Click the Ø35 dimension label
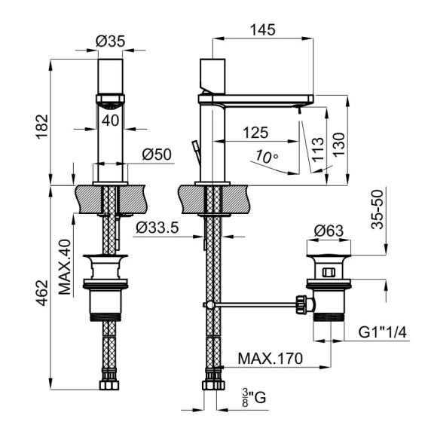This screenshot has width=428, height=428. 110,41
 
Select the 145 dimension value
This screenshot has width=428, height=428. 263,29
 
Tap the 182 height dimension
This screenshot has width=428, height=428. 43,127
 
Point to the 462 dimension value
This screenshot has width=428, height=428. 43,293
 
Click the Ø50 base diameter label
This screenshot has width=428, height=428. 157,154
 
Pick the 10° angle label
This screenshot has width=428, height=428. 267,157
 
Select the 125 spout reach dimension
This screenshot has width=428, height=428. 255,133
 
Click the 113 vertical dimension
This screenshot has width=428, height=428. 318,150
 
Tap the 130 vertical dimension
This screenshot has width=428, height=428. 339,145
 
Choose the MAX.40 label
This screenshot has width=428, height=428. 65,267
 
